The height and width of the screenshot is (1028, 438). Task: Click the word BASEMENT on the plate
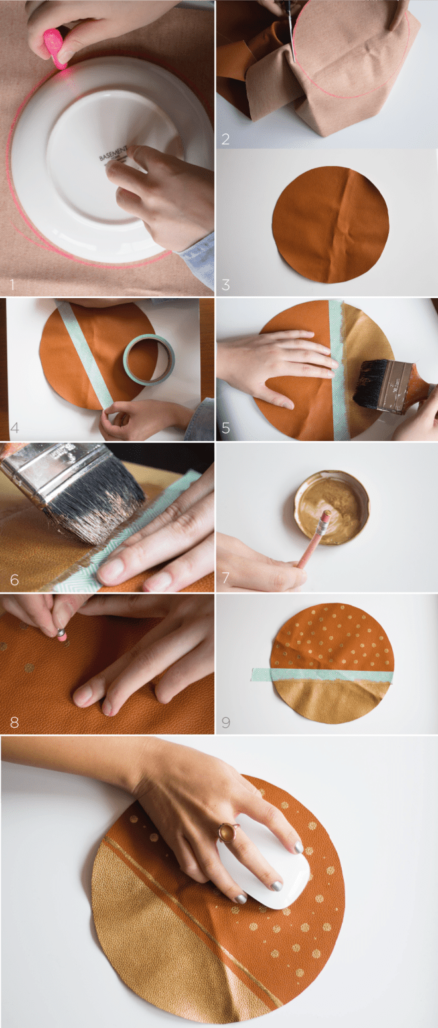click(112, 155)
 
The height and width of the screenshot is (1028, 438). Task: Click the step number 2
click(226, 139)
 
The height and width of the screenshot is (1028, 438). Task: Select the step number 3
click(226, 285)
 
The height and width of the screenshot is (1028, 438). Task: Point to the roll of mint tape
click(147, 359)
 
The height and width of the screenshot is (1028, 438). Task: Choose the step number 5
click(226, 428)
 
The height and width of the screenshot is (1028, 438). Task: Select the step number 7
click(226, 578)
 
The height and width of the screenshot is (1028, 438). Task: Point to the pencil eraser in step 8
click(61, 635)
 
